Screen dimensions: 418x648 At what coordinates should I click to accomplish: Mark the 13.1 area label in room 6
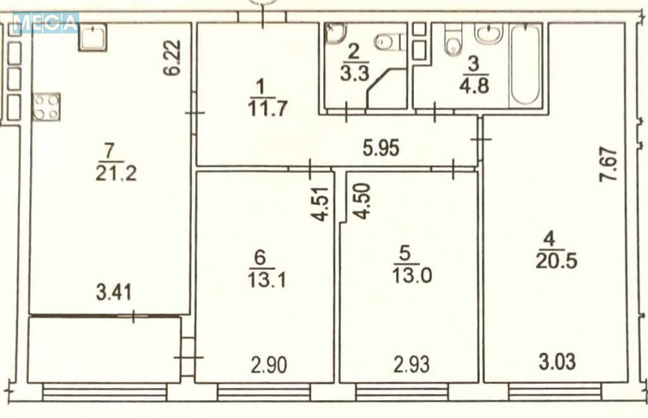click(260, 278)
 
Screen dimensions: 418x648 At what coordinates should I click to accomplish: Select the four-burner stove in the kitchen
click(46, 106)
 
